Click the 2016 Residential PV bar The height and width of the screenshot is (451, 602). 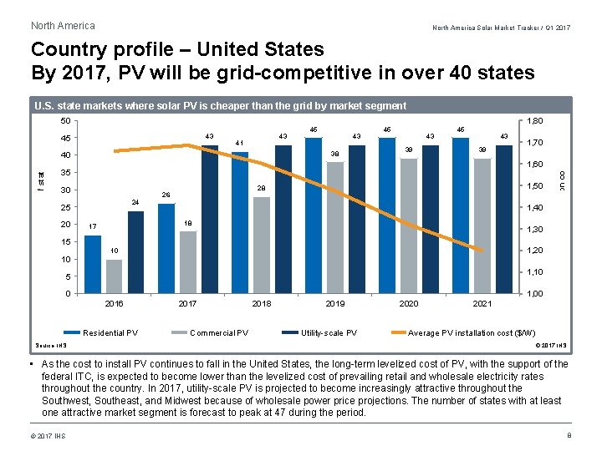click(x=92, y=265)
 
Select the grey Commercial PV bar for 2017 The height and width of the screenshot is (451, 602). click(x=188, y=262)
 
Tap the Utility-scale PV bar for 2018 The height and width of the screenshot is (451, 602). click(x=283, y=219)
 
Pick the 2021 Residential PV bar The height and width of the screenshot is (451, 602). click(x=461, y=215)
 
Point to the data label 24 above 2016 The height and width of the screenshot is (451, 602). click(x=135, y=203)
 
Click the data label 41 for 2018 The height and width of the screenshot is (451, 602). click(x=239, y=143)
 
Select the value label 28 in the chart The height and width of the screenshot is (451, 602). click(x=261, y=189)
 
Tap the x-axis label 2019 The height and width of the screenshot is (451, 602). click(x=334, y=304)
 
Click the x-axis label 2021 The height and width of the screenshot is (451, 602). click(x=482, y=304)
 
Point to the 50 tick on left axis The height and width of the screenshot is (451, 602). click(x=64, y=121)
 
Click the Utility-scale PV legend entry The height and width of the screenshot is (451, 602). click(x=329, y=333)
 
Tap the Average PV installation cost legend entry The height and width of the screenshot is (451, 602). click(x=472, y=333)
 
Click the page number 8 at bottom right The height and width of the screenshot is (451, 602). click(x=568, y=436)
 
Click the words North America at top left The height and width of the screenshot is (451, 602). click(x=63, y=26)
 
